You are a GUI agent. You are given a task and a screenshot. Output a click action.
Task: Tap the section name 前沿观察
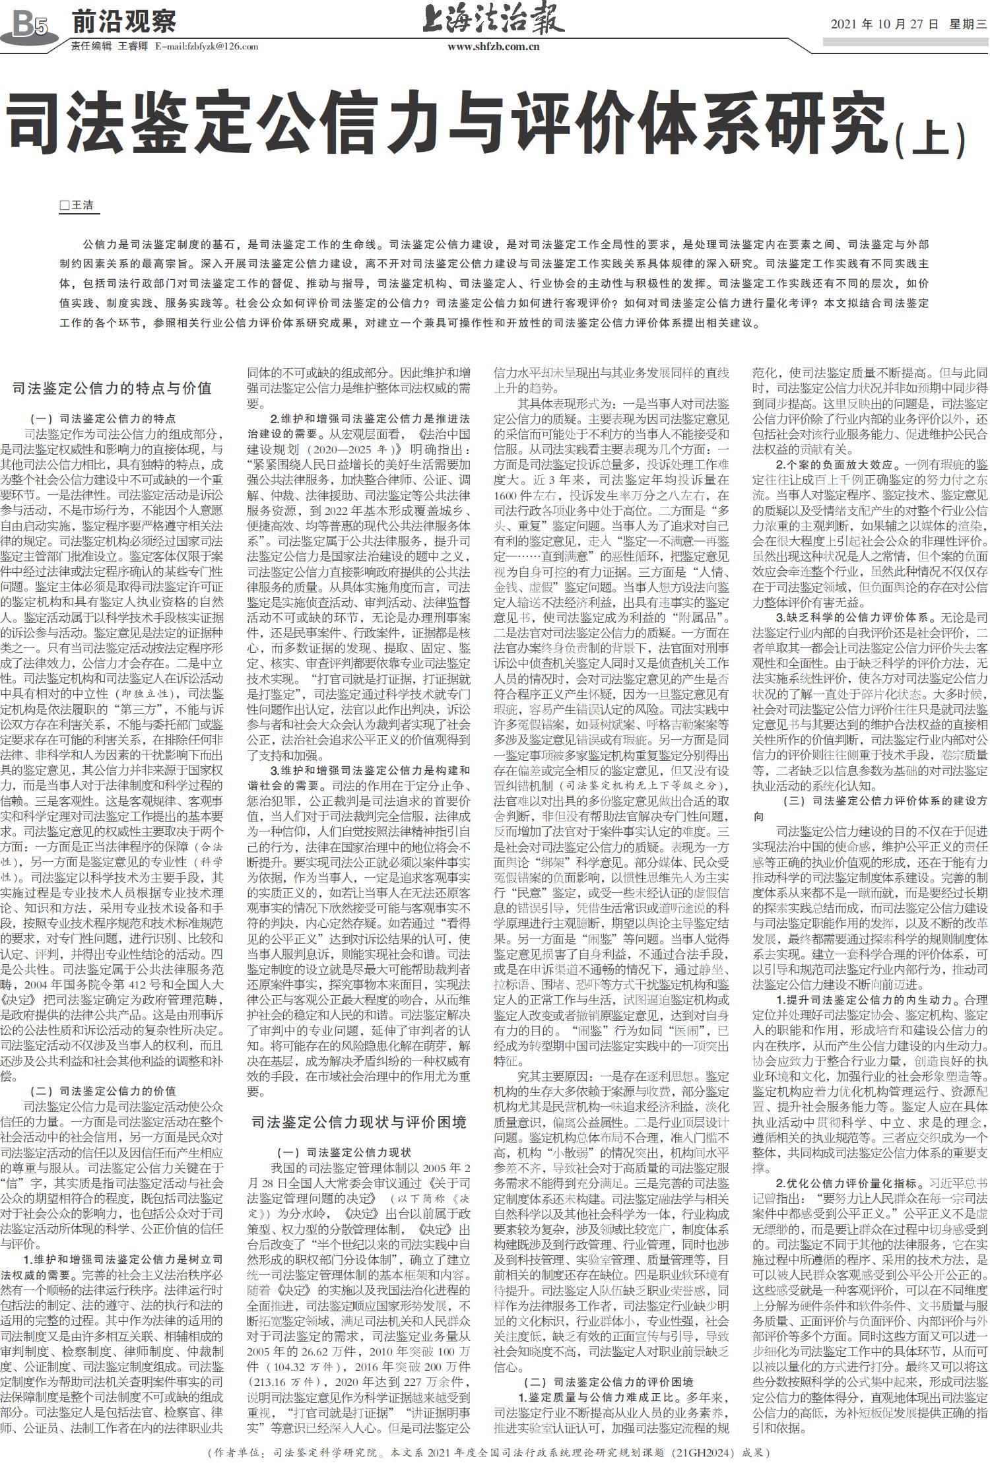(123, 22)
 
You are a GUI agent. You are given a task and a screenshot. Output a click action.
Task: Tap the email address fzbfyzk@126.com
(206, 47)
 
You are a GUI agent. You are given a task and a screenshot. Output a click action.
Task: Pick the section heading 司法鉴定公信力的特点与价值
(112, 388)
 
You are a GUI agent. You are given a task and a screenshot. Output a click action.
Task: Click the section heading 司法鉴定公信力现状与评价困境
(359, 1122)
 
